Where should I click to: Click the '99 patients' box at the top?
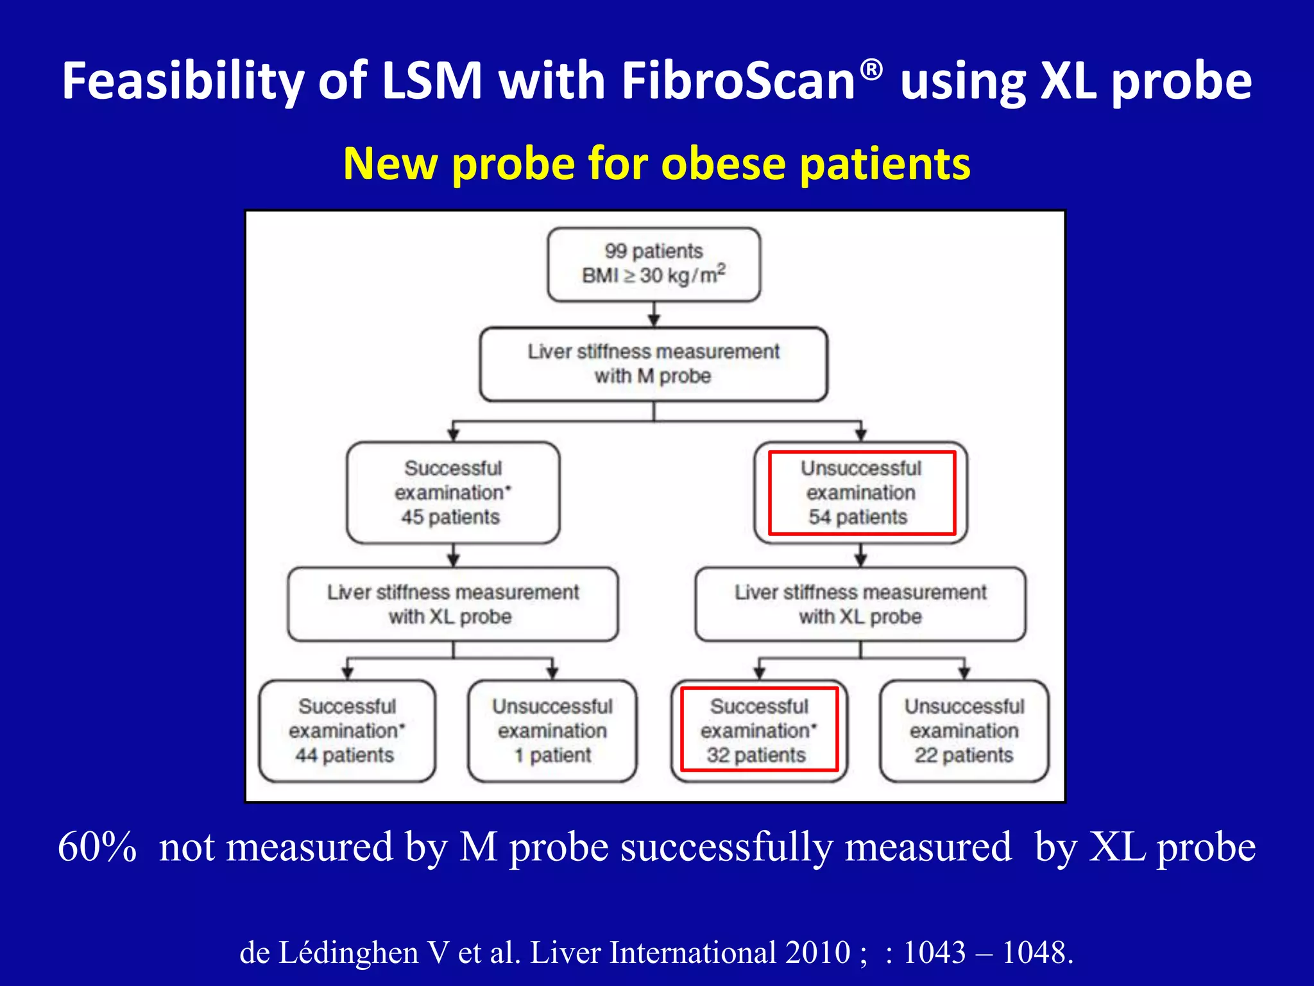click(654, 264)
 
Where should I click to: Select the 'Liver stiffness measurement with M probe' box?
click(653, 364)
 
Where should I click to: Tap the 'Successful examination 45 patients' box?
click(452, 492)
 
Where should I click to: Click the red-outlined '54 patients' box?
click(861, 492)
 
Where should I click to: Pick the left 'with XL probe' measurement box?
click(452, 604)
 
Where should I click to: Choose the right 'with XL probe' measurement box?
click(860, 604)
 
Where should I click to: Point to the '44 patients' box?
click(347, 731)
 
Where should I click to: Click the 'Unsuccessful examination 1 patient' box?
click(552, 731)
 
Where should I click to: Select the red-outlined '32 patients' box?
click(759, 731)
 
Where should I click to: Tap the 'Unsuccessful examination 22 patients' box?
click(964, 731)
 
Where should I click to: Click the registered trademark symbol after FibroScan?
click(871, 69)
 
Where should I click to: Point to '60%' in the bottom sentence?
click(97, 847)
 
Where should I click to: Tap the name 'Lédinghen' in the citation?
click(348, 952)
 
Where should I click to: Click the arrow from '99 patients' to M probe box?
click(654, 315)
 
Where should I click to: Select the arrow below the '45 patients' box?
click(453, 555)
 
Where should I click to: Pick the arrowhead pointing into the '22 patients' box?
click(964, 673)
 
